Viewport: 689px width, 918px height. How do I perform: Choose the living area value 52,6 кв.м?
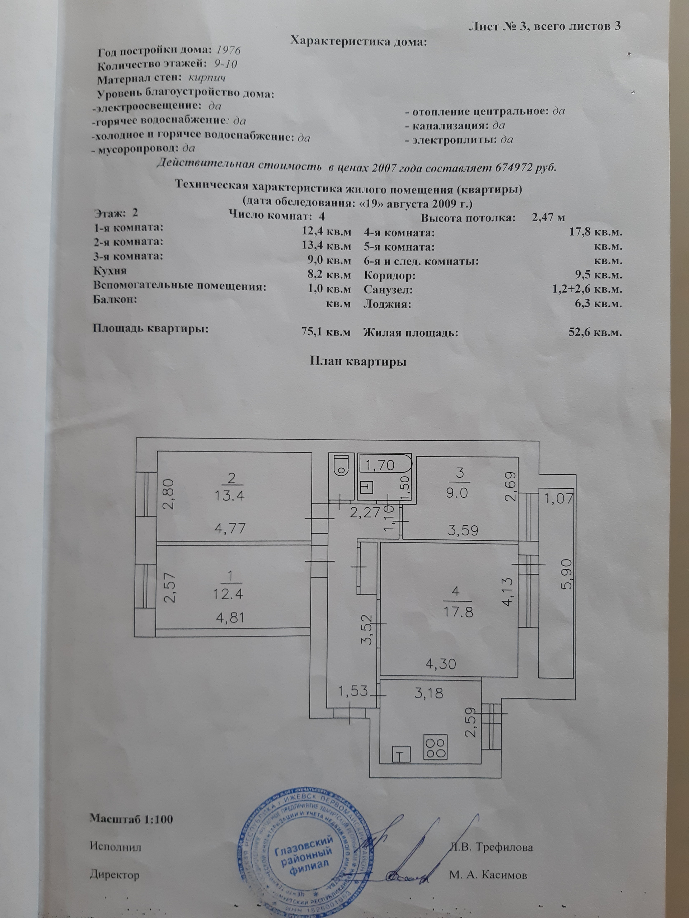[x=595, y=332]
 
